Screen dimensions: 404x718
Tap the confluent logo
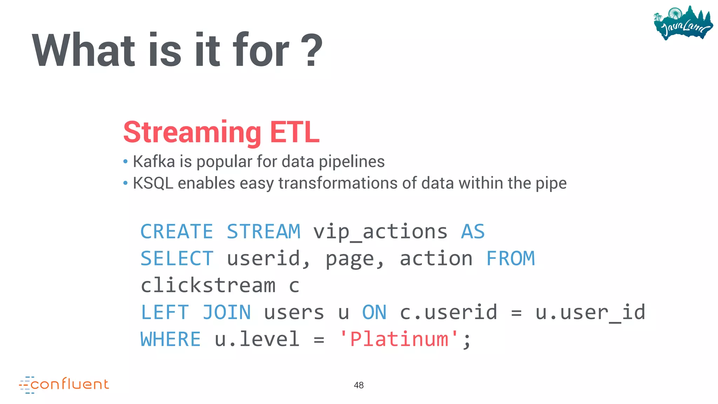click(x=64, y=384)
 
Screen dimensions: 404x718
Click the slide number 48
click(x=359, y=385)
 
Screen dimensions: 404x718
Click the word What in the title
click(x=83, y=50)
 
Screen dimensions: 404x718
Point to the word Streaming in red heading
click(x=192, y=133)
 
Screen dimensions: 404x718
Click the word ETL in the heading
click(x=294, y=133)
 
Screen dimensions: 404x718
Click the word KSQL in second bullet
click(x=153, y=183)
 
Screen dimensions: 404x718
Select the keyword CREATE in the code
click(x=177, y=232)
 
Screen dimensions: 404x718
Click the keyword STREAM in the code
click(x=263, y=232)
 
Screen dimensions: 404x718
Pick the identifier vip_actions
click(x=380, y=232)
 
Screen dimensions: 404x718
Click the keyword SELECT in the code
click(x=177, y=259)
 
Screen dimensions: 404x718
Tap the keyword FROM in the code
click(x=510, y=259)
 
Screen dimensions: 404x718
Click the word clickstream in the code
click(x=208, y=285)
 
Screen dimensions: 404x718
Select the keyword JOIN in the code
click(x=227, y=312)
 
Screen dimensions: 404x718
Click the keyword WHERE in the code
click(x=171, y=339)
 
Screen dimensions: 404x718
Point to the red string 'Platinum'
click(x=399, y=339)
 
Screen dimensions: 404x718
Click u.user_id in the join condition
click(x=590, y=312)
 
